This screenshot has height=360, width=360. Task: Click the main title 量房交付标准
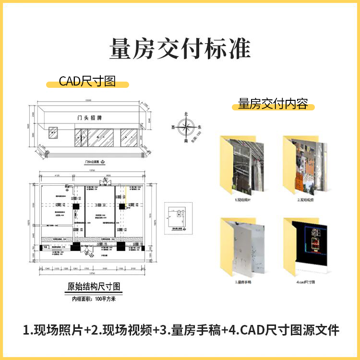pos(180,49)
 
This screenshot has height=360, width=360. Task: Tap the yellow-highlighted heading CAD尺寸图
pos(87,81)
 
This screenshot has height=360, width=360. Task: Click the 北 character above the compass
pos(186,114)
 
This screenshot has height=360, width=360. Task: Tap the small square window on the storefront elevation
pos(54,132)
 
